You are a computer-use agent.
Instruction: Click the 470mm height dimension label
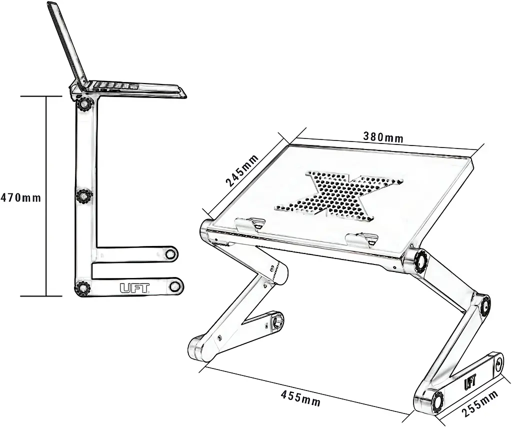pyautogui.click(x=20, y=197)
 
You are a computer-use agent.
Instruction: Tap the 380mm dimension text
pyautogui.click(x=383, y=137)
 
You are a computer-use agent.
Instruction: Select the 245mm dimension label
pyautogui.click(x=242, y=170)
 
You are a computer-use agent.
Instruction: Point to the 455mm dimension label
pyautogui.click(x=300, y=397)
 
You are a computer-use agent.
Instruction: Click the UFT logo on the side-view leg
pyautogui.click(x=134, y=288)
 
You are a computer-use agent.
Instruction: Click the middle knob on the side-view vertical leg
pyautogui.click(x=83, y=196)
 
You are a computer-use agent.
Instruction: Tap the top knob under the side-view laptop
pyautogui.click(x=85, y=104)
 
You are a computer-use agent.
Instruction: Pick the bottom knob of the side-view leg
pyautogui.click(x=82, y=288)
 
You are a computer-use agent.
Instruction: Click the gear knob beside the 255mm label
pyautogui.click(x=437, y=401)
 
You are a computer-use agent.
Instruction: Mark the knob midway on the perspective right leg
pyautogui.click(x=485, y=305)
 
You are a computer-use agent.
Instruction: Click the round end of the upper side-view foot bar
pyautogui.click(x=170, y=253)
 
